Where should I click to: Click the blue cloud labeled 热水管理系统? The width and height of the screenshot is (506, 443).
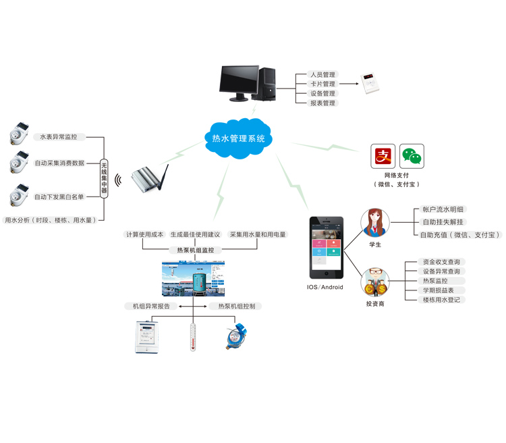[x=238, y=139]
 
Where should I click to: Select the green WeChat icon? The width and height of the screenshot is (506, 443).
[x=412, y=156]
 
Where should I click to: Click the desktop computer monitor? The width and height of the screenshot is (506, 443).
[x=240, y=82]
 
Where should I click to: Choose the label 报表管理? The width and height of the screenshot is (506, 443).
[x=322, y=103]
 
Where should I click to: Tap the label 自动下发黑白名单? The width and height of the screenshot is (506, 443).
[x=59, y=197]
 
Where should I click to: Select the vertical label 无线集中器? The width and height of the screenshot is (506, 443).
[x=104, y=178]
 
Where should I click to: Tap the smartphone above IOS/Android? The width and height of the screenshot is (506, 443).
[x=327, y=247]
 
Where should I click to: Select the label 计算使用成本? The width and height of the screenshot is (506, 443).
[x=145, y=234]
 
